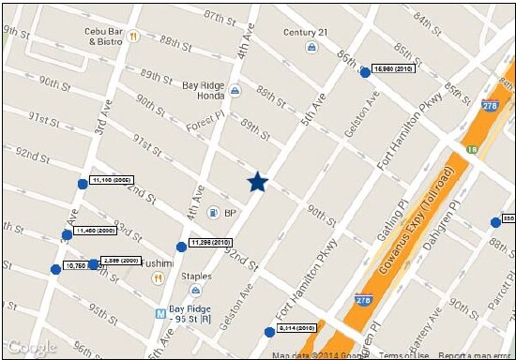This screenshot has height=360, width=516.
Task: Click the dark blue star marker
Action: [x=258, y=183]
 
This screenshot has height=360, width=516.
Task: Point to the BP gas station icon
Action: [x=213, y=213]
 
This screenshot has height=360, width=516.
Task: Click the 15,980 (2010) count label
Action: [x=394, y=69]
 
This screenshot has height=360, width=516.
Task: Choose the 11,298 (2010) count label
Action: [x=210, y=243]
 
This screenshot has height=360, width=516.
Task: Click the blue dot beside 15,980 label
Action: [x=365, y=72]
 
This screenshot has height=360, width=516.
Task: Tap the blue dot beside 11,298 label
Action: [x=181, y=247]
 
